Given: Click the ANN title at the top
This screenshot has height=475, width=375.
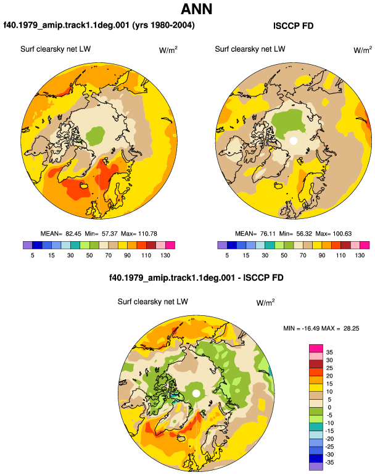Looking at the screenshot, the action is point(196,9).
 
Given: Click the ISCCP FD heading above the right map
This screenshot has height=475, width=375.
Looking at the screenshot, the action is point(293,26).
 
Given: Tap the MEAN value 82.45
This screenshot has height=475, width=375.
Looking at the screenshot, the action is point(73,234).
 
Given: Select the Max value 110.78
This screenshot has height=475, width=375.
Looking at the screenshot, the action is point(147,234).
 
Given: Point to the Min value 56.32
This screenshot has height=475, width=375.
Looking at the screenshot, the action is point(304,234).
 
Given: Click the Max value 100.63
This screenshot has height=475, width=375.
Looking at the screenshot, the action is point(342,234).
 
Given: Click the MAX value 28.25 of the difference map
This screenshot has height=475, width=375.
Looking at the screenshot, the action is point(351,328).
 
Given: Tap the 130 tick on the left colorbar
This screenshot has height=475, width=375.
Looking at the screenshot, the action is point(165,255).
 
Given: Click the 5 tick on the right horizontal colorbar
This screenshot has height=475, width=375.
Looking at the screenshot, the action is point(227,255).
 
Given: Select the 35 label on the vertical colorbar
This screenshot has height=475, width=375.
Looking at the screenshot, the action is point(329,352).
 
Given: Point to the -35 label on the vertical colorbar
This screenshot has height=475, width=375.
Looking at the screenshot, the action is point(329,463).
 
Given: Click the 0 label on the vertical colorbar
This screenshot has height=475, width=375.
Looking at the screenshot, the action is point(329,407).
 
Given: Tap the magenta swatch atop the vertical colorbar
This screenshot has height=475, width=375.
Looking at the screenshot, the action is point(316,349).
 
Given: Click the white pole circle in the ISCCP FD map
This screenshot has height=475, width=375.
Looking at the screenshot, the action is point(293,141).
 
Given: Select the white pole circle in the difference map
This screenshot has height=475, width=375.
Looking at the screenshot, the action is point(196,394).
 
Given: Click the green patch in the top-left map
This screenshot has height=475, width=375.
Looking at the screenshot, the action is point(96,136).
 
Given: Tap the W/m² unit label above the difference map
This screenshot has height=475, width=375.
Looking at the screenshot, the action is point(265,302).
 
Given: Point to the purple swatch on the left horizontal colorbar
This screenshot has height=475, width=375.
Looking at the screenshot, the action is point(28,245).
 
